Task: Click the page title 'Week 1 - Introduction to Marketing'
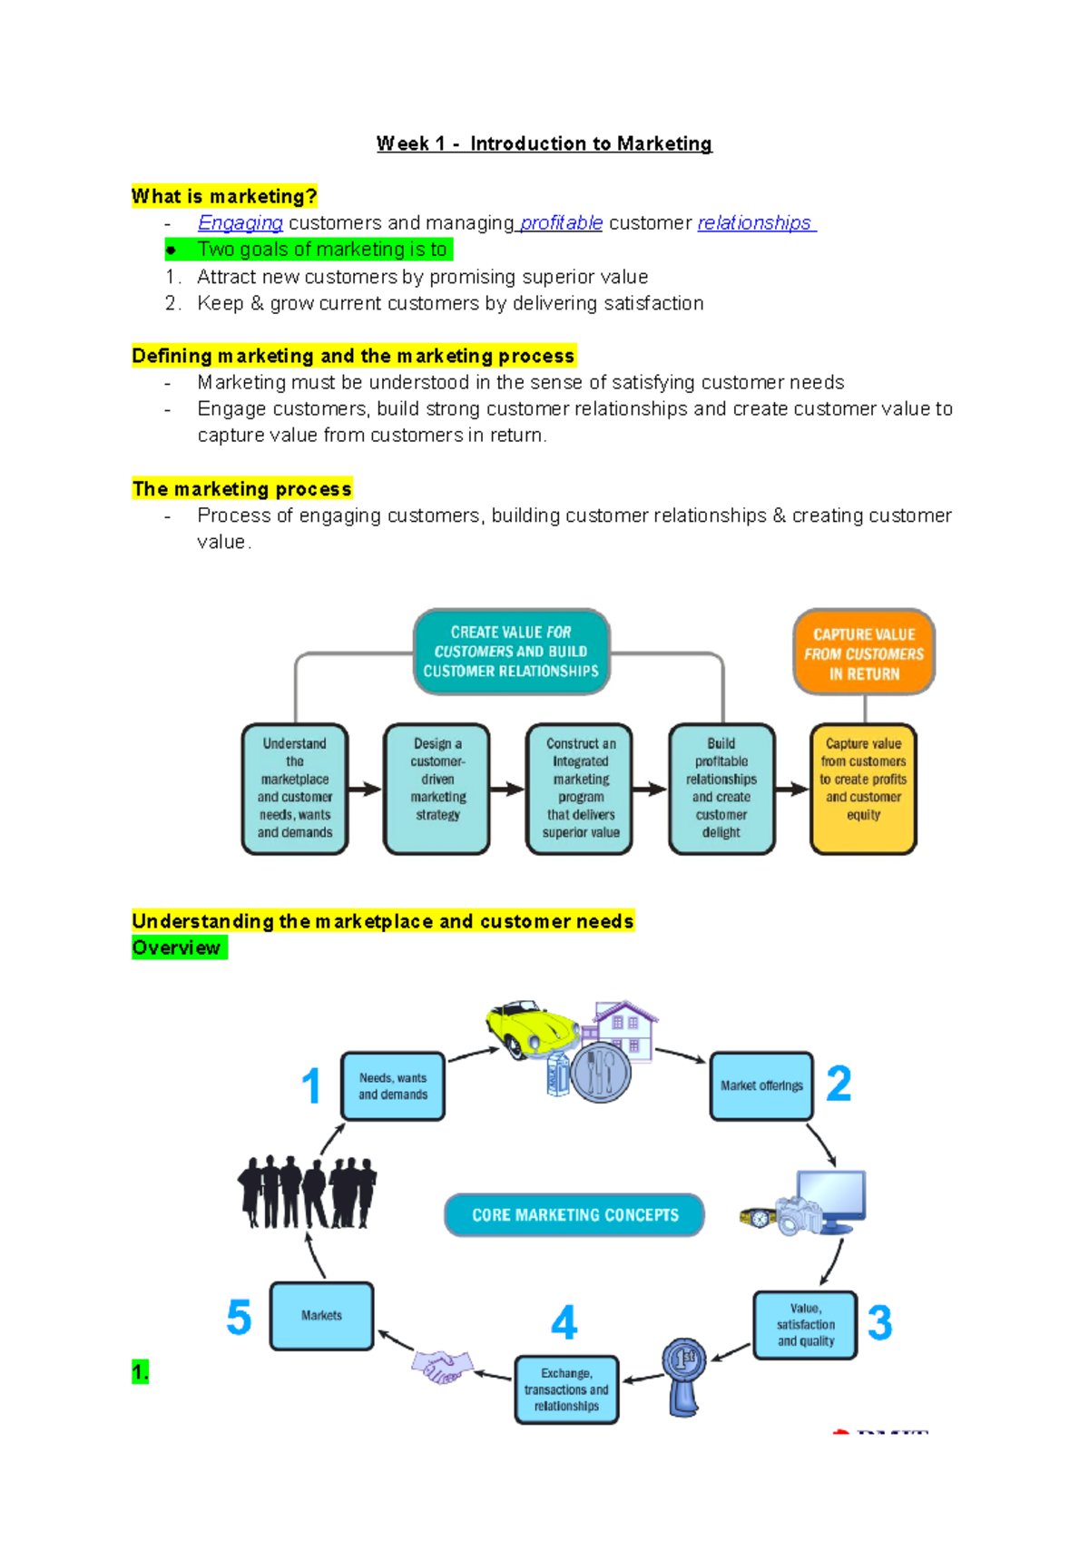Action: pos(544,143)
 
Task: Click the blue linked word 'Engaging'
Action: pos(240,222)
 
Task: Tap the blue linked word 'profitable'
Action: pos(561,222)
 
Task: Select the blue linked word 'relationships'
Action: pos(754,222)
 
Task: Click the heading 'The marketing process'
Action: pos(241,489)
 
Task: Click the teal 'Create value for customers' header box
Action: pos(511,652)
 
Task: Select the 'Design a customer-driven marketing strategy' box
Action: pos(437,788)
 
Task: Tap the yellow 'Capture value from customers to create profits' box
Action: pos(863,788)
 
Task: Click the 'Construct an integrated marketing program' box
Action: pos(580,788)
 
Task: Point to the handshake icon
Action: pos(442,1365)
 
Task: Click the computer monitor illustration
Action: pos(830,1200)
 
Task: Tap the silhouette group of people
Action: pos(307,1192)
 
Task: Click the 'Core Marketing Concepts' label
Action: pos(574,1215)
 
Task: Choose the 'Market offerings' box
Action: pos(761,1085)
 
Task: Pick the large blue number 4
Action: pos(564,1322)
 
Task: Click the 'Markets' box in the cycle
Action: pos(321,1316)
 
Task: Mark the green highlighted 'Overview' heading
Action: pos(177,948)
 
